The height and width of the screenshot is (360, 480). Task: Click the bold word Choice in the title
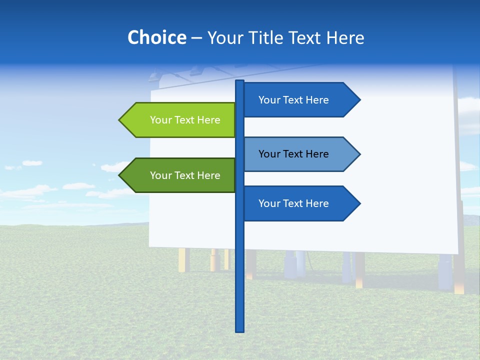(156, 37)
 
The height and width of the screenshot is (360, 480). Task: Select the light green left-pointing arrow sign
(180, 120)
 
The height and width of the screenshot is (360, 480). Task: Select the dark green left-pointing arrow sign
(180, 175)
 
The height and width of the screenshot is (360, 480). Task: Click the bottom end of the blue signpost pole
(240, 330)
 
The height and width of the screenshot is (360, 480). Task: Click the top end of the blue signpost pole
(240, 81)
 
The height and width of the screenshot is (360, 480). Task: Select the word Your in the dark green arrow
(160, 175)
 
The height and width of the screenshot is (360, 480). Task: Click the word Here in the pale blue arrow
(316, 154)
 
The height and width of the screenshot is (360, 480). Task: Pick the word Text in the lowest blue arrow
(293, 203)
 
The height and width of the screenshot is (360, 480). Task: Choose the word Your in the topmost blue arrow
(269, 100)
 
